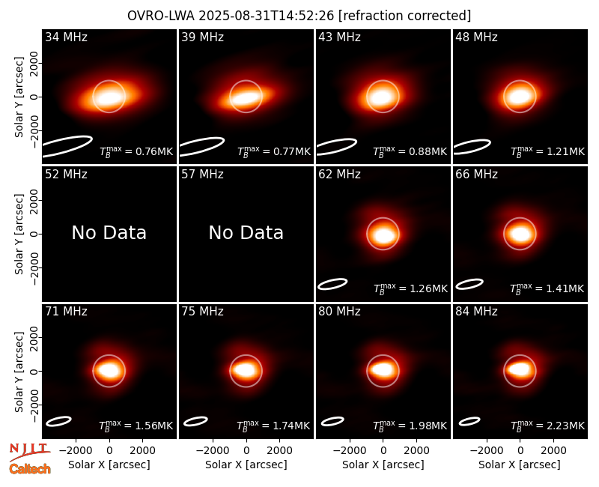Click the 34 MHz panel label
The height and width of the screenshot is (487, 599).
[x=66, y=37]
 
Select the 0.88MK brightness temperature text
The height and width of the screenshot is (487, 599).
[x=410, y=151]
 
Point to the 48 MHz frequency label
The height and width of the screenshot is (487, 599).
[x=476, y=37]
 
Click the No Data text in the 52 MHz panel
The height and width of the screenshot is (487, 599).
[x=109, y=232]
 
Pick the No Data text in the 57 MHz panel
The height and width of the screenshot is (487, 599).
[x=246, y=232]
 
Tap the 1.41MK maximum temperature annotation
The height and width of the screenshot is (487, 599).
[x=547, y=288]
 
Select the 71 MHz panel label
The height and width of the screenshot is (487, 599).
[x=66, y=312]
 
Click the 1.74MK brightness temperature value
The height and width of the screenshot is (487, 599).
[x=273, y=426]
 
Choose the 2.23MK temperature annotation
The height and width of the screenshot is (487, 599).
[x=547, y=426]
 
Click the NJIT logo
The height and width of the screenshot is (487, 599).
[x=29, y=451]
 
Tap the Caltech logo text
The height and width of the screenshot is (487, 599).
[x=30, y=469]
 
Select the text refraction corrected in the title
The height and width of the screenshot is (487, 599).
[x=404, y=16]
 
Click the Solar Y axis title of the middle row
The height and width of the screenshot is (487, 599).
[x=19, y=234]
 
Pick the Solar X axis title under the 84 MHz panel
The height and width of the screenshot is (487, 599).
[x=520, y=465]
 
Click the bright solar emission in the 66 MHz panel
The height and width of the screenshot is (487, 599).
[x=520, y=234]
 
